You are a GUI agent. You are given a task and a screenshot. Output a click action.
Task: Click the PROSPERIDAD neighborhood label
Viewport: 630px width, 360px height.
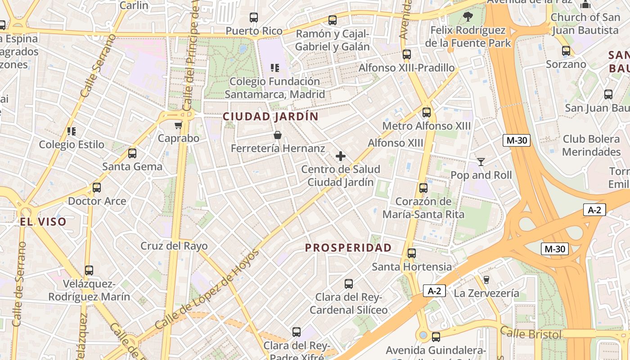coord(348,247)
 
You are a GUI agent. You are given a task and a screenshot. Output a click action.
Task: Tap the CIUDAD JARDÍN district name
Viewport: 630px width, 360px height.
coord(270,117)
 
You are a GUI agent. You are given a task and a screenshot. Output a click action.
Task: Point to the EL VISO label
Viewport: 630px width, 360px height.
coord(43,221)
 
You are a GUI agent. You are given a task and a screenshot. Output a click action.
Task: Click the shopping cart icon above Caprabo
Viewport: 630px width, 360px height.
coord(178,125)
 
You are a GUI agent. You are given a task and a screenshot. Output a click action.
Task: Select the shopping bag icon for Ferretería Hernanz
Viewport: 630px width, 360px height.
coord(278,135)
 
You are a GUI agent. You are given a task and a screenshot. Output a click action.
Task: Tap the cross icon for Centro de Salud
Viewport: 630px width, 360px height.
coord(341,156)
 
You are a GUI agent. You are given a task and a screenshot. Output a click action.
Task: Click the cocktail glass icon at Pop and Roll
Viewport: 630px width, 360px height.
coord(481,162)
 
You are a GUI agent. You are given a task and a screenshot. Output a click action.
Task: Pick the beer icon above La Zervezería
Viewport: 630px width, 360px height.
coord(486,280)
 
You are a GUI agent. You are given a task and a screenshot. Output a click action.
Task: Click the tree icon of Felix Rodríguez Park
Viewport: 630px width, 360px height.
coord(468,17)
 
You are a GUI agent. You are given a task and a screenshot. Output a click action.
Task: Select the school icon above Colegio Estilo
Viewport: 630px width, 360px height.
coord(71,131)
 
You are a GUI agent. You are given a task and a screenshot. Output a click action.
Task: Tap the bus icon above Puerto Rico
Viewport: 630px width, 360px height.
coord(254,18)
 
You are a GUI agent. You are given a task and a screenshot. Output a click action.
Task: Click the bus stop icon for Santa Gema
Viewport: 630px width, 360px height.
coord(132,153)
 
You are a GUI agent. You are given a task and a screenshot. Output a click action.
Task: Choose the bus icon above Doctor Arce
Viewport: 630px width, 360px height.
coord(97,188)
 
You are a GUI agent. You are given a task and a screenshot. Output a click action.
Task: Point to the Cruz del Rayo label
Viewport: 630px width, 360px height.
coord(174,246)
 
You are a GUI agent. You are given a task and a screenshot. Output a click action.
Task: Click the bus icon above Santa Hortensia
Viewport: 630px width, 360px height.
coord(411,253)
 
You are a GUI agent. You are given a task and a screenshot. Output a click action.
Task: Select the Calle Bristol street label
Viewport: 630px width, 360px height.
coord(531,333)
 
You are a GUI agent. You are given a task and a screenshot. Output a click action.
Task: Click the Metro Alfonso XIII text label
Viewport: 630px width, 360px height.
coord(426,126)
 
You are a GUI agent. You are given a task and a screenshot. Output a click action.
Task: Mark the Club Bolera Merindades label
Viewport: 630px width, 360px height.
coord(591,145)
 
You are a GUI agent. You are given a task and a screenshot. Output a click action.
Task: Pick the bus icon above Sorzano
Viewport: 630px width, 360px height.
coord(566,51)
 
